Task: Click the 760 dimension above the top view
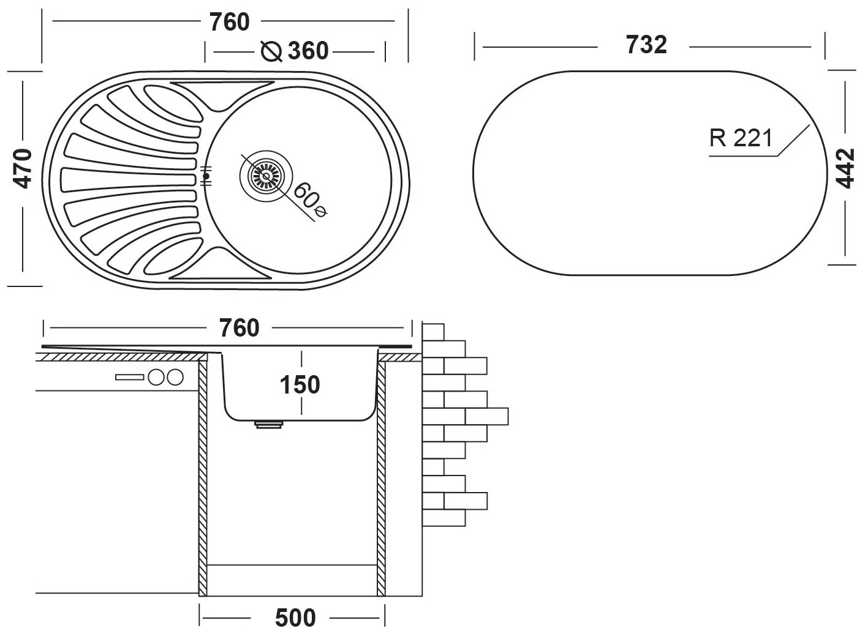click(x=230, y=22)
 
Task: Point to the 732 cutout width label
click(x=646, y=45)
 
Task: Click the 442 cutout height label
click(x=845, y=168)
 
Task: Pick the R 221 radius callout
click(x=741, y=139)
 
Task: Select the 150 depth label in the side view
click(x=300, y=385)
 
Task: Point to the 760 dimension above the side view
click(x=240, y=329)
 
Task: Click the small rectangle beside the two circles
click(x=130, y=377)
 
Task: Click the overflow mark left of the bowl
click(x=206, y=176)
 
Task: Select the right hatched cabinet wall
click(x=381, y=477)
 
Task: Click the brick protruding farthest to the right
click(x=487, y=416)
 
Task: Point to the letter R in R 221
click(x=716, y=139)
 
